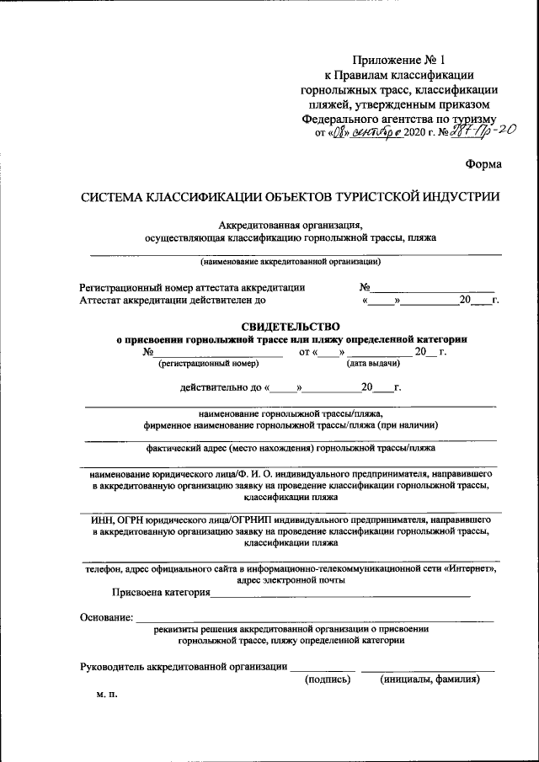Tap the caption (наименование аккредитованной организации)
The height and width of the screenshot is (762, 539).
296,262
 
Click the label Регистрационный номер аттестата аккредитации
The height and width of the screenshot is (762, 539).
192,287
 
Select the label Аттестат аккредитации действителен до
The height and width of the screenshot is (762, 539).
173,300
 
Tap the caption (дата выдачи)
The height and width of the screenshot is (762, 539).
373,364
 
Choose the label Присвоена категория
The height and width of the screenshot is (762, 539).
167,593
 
